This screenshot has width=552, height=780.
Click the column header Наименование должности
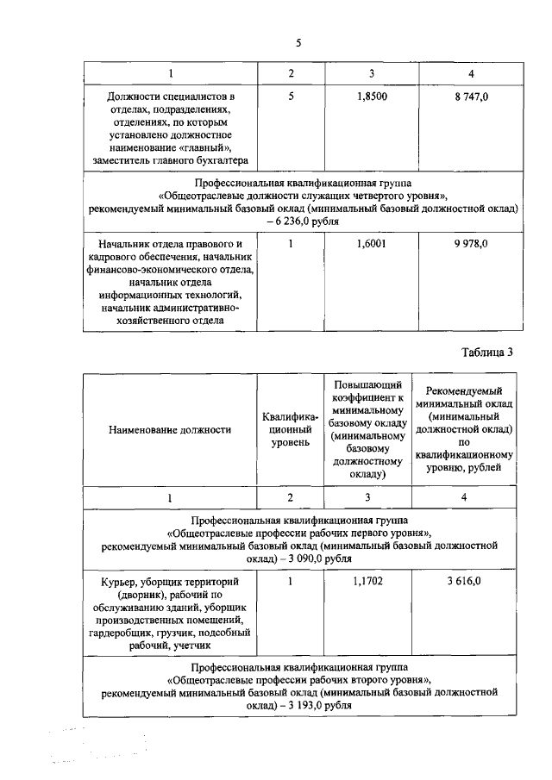click(x=170, y=429)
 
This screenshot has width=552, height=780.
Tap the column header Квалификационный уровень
click(x=291, y=429)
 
